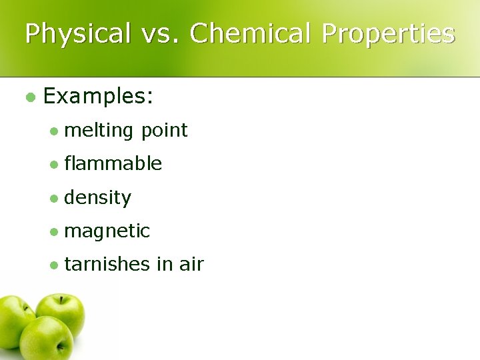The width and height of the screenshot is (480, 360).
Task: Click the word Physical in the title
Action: [77, 33]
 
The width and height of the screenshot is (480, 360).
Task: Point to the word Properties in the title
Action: [389, 33]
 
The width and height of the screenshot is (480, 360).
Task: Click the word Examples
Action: [99, 97]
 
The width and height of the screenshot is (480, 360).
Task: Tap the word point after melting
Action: [164, 131]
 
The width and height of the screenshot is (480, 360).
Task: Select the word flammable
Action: [113, 163]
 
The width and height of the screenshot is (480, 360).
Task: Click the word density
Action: [98, 197]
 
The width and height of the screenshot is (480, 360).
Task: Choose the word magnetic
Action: [107, 231]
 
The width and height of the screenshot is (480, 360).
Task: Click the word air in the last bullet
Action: [191, 265]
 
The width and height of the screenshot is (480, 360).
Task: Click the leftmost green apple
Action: [13, 320]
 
